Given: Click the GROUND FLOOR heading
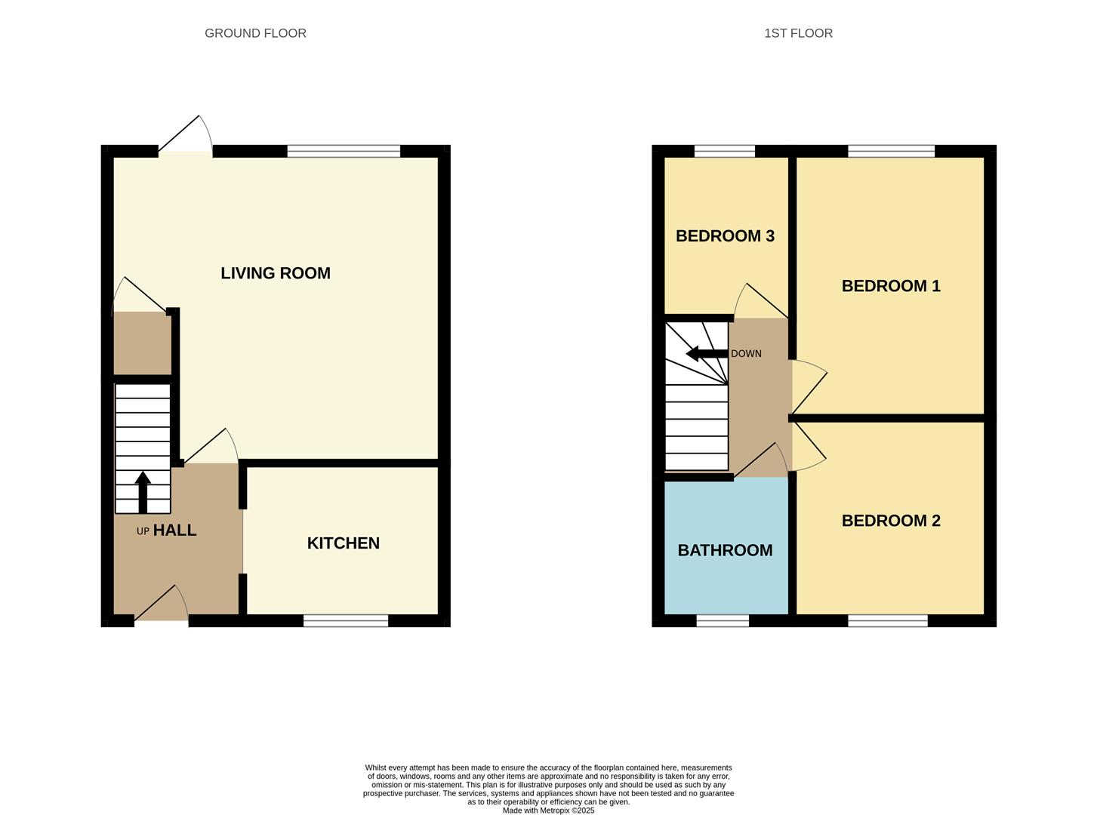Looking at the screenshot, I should (255, 33).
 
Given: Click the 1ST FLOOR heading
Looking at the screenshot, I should (798, 33).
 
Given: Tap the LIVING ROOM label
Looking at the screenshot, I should (276, 273).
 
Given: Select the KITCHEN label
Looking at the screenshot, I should (343, 543).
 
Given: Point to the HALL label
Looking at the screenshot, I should (174, 531).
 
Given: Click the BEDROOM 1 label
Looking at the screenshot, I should (891, 286).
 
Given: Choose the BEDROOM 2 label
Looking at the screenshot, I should (891, 521).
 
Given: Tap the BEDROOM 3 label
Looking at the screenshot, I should (725, 236).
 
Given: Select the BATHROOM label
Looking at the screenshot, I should (725, 551).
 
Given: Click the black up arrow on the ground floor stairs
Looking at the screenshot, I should (143, 491).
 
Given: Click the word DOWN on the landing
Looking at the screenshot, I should (746, 354).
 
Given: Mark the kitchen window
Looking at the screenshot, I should (346, 620).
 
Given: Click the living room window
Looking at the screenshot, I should (344, 151).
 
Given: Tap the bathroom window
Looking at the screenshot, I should (723, 620).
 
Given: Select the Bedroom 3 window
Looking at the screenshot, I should (724, 151).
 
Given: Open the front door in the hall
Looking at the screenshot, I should (162, 611).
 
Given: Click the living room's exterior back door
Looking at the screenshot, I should (186, 143).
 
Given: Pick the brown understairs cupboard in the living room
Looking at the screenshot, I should (140, 343).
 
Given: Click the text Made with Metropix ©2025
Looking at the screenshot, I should (548, 810).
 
